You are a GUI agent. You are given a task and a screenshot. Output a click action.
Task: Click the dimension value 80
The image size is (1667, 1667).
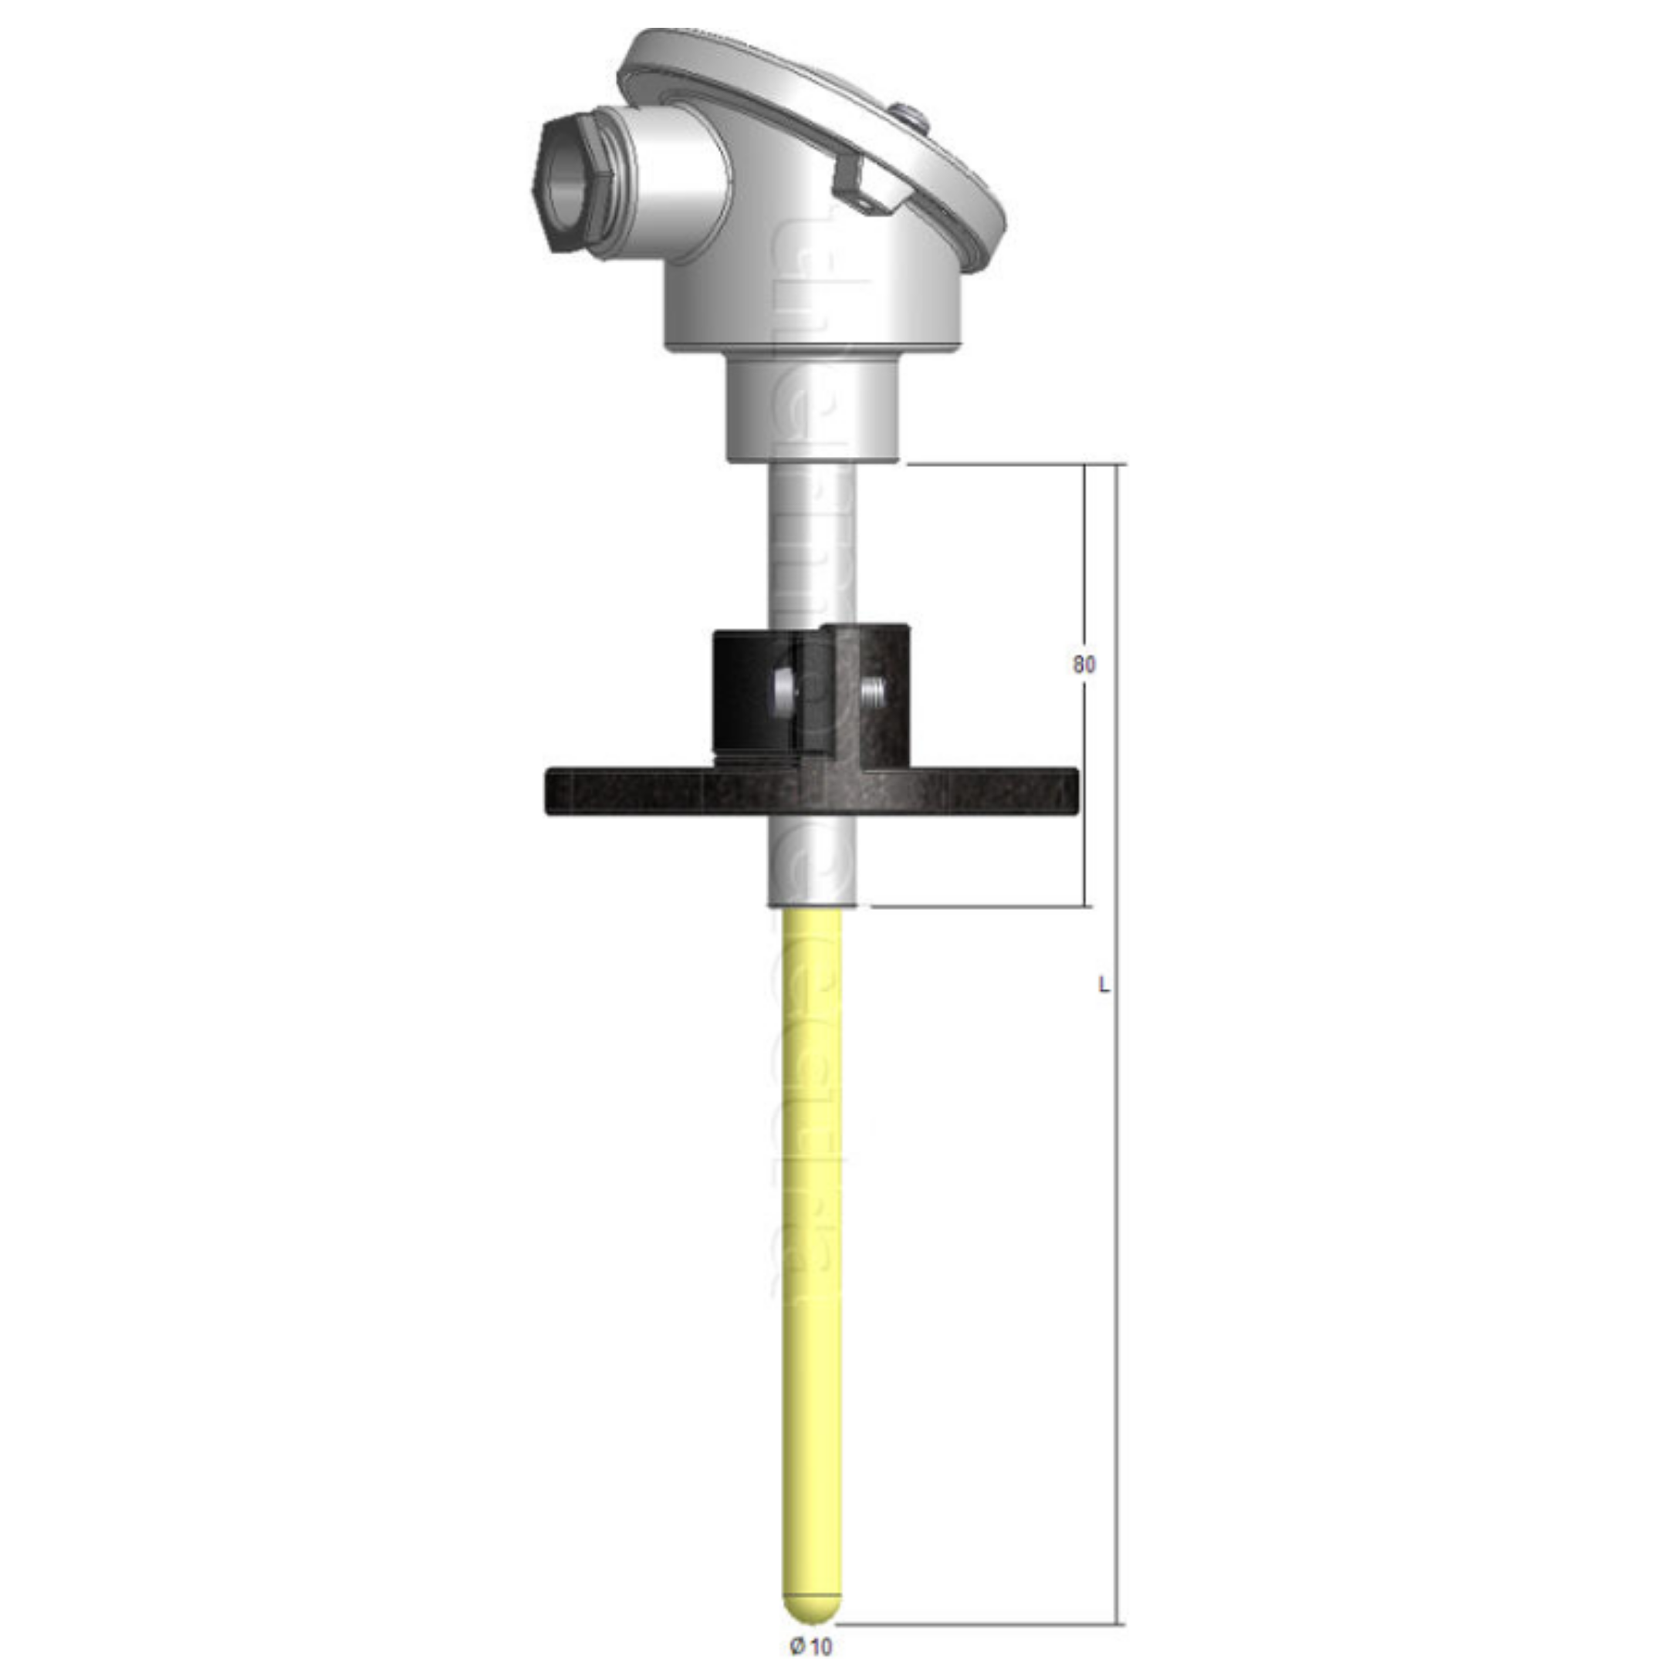(x=1084, y=664)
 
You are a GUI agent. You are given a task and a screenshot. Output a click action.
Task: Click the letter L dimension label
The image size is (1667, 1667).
(x=1103, y=984)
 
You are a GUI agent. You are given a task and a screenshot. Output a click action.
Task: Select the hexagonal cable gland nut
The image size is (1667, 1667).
(x=577, y=184)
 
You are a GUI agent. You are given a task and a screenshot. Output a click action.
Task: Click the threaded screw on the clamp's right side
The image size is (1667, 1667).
(x=873, y=689)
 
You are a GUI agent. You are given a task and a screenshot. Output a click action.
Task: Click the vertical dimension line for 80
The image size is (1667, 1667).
(x=1084, y=776)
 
